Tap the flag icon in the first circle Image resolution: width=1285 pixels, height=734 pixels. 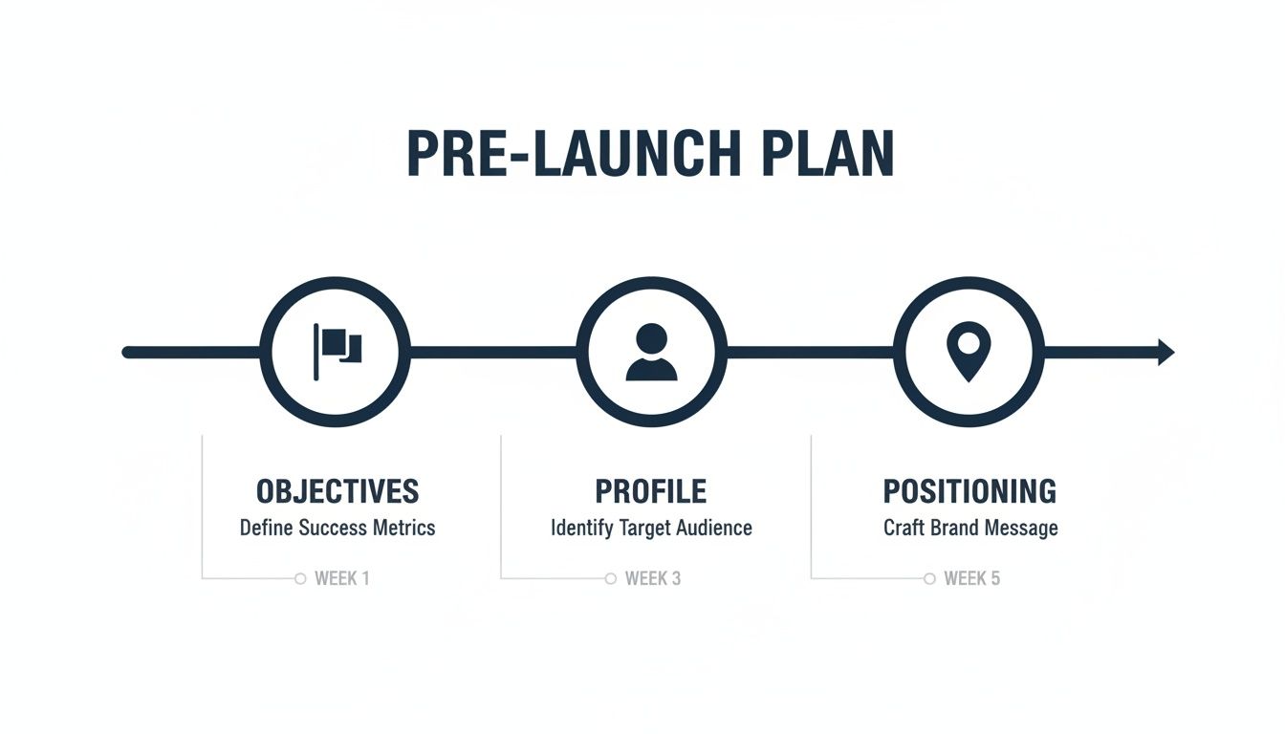337,344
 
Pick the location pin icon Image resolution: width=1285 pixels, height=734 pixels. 968,351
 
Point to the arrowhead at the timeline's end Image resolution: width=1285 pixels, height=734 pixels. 1165,352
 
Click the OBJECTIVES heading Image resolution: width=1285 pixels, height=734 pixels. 338,491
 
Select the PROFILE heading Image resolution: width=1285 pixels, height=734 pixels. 651,491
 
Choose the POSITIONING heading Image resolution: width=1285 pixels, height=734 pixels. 969,491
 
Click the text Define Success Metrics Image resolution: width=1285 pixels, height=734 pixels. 338,528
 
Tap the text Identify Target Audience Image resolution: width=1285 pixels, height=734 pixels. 651,528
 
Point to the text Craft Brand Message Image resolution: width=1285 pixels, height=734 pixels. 970,528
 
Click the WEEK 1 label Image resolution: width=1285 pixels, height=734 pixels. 341,578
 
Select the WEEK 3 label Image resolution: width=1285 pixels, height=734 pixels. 653,578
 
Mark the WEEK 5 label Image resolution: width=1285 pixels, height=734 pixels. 971,578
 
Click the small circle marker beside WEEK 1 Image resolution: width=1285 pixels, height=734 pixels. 300,578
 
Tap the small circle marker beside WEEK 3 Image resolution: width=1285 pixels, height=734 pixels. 611,578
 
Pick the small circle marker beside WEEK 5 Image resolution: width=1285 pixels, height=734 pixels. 929,578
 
